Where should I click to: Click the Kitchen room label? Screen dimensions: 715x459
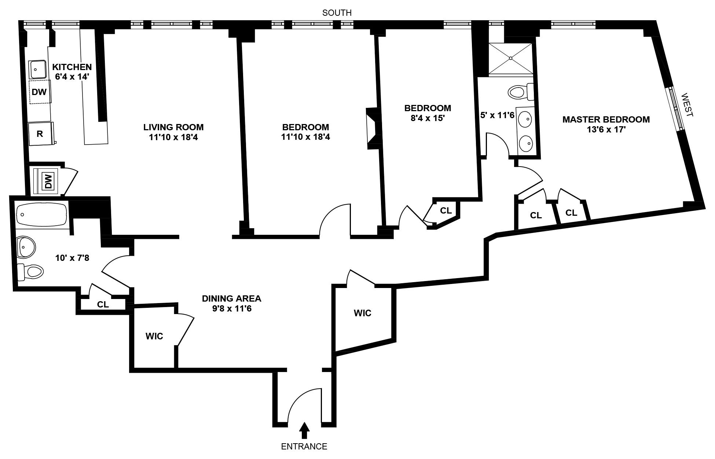click(x=72, y=67)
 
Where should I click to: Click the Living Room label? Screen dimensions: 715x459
click(x=173, y=127)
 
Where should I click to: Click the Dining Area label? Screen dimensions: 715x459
click(x=231, y=298)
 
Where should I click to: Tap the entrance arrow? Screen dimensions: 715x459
click(x=304, y=431)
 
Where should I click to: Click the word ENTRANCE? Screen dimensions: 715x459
click(x=304, y=447)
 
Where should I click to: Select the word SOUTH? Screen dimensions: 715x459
click(x=337, y=13)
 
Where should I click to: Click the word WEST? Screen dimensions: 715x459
click(x=687, y=105)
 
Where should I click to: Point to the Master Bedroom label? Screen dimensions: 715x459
click(x=606, y=120)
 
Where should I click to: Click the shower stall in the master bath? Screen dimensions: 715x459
click(x=510, y=58)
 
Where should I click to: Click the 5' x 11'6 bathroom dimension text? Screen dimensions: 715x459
click(x=497, y=115)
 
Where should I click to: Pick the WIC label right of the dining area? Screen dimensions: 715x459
click(x=362, y=313)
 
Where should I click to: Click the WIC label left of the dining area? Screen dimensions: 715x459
click(x=154, y=336)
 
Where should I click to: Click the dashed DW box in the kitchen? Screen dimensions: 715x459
click(x=40, y=92)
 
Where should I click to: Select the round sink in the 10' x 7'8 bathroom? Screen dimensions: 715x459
click(x=26, y=247)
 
